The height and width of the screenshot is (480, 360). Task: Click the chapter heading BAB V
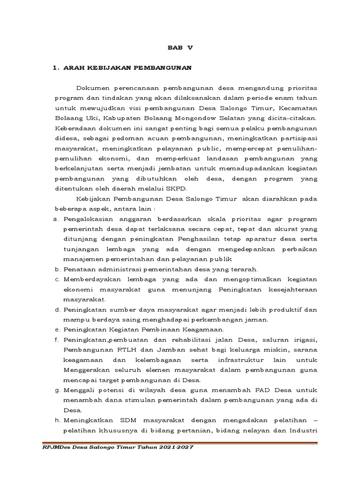pyautogui.click(x=180, y=47)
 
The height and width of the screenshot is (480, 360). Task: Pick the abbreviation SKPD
pyautogui.click(x=176, y=189)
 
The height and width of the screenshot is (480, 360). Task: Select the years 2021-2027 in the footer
pyautogui.click(x=174, y=448)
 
